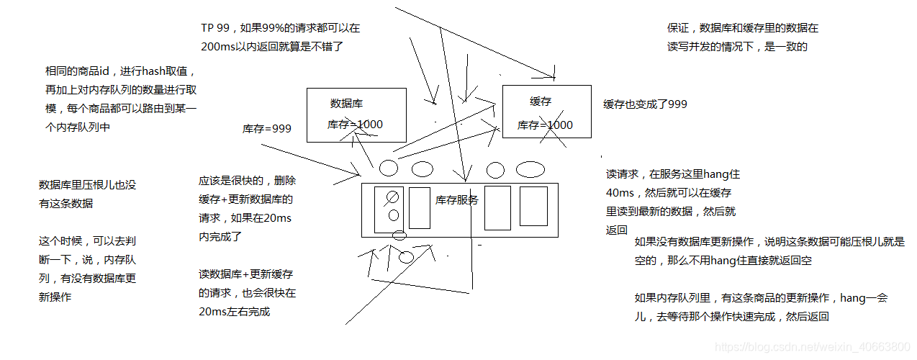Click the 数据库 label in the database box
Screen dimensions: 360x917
(x=346, y=103)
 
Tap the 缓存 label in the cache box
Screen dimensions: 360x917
(x=541, y=102)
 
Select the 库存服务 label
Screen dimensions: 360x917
(x=456, y=200)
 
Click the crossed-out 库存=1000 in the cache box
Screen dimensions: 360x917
(x=545, y=125)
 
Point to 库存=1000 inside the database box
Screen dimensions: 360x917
(x=355, y=125)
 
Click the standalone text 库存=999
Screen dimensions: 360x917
(x=266, y=129)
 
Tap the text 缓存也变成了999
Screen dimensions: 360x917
(x=645, y=104)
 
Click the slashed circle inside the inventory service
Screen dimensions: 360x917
(x=393, y=197)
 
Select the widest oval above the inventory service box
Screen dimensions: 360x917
(x=530, y=169)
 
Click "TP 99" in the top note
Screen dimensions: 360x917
(x=215, y=28)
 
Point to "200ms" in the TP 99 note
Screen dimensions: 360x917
(x=216, y=45)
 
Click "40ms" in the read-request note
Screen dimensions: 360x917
(x=620, y=193)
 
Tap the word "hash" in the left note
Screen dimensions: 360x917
(x=154, y=71)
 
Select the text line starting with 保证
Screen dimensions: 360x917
(x=742, y=29)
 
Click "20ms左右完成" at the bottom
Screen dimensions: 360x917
(x=234, y=312)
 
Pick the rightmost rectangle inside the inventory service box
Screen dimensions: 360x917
(x=533, y=207)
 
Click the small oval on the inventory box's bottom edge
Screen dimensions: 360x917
(x=399, y=235)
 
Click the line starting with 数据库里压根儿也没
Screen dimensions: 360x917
(x=87, y=185)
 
